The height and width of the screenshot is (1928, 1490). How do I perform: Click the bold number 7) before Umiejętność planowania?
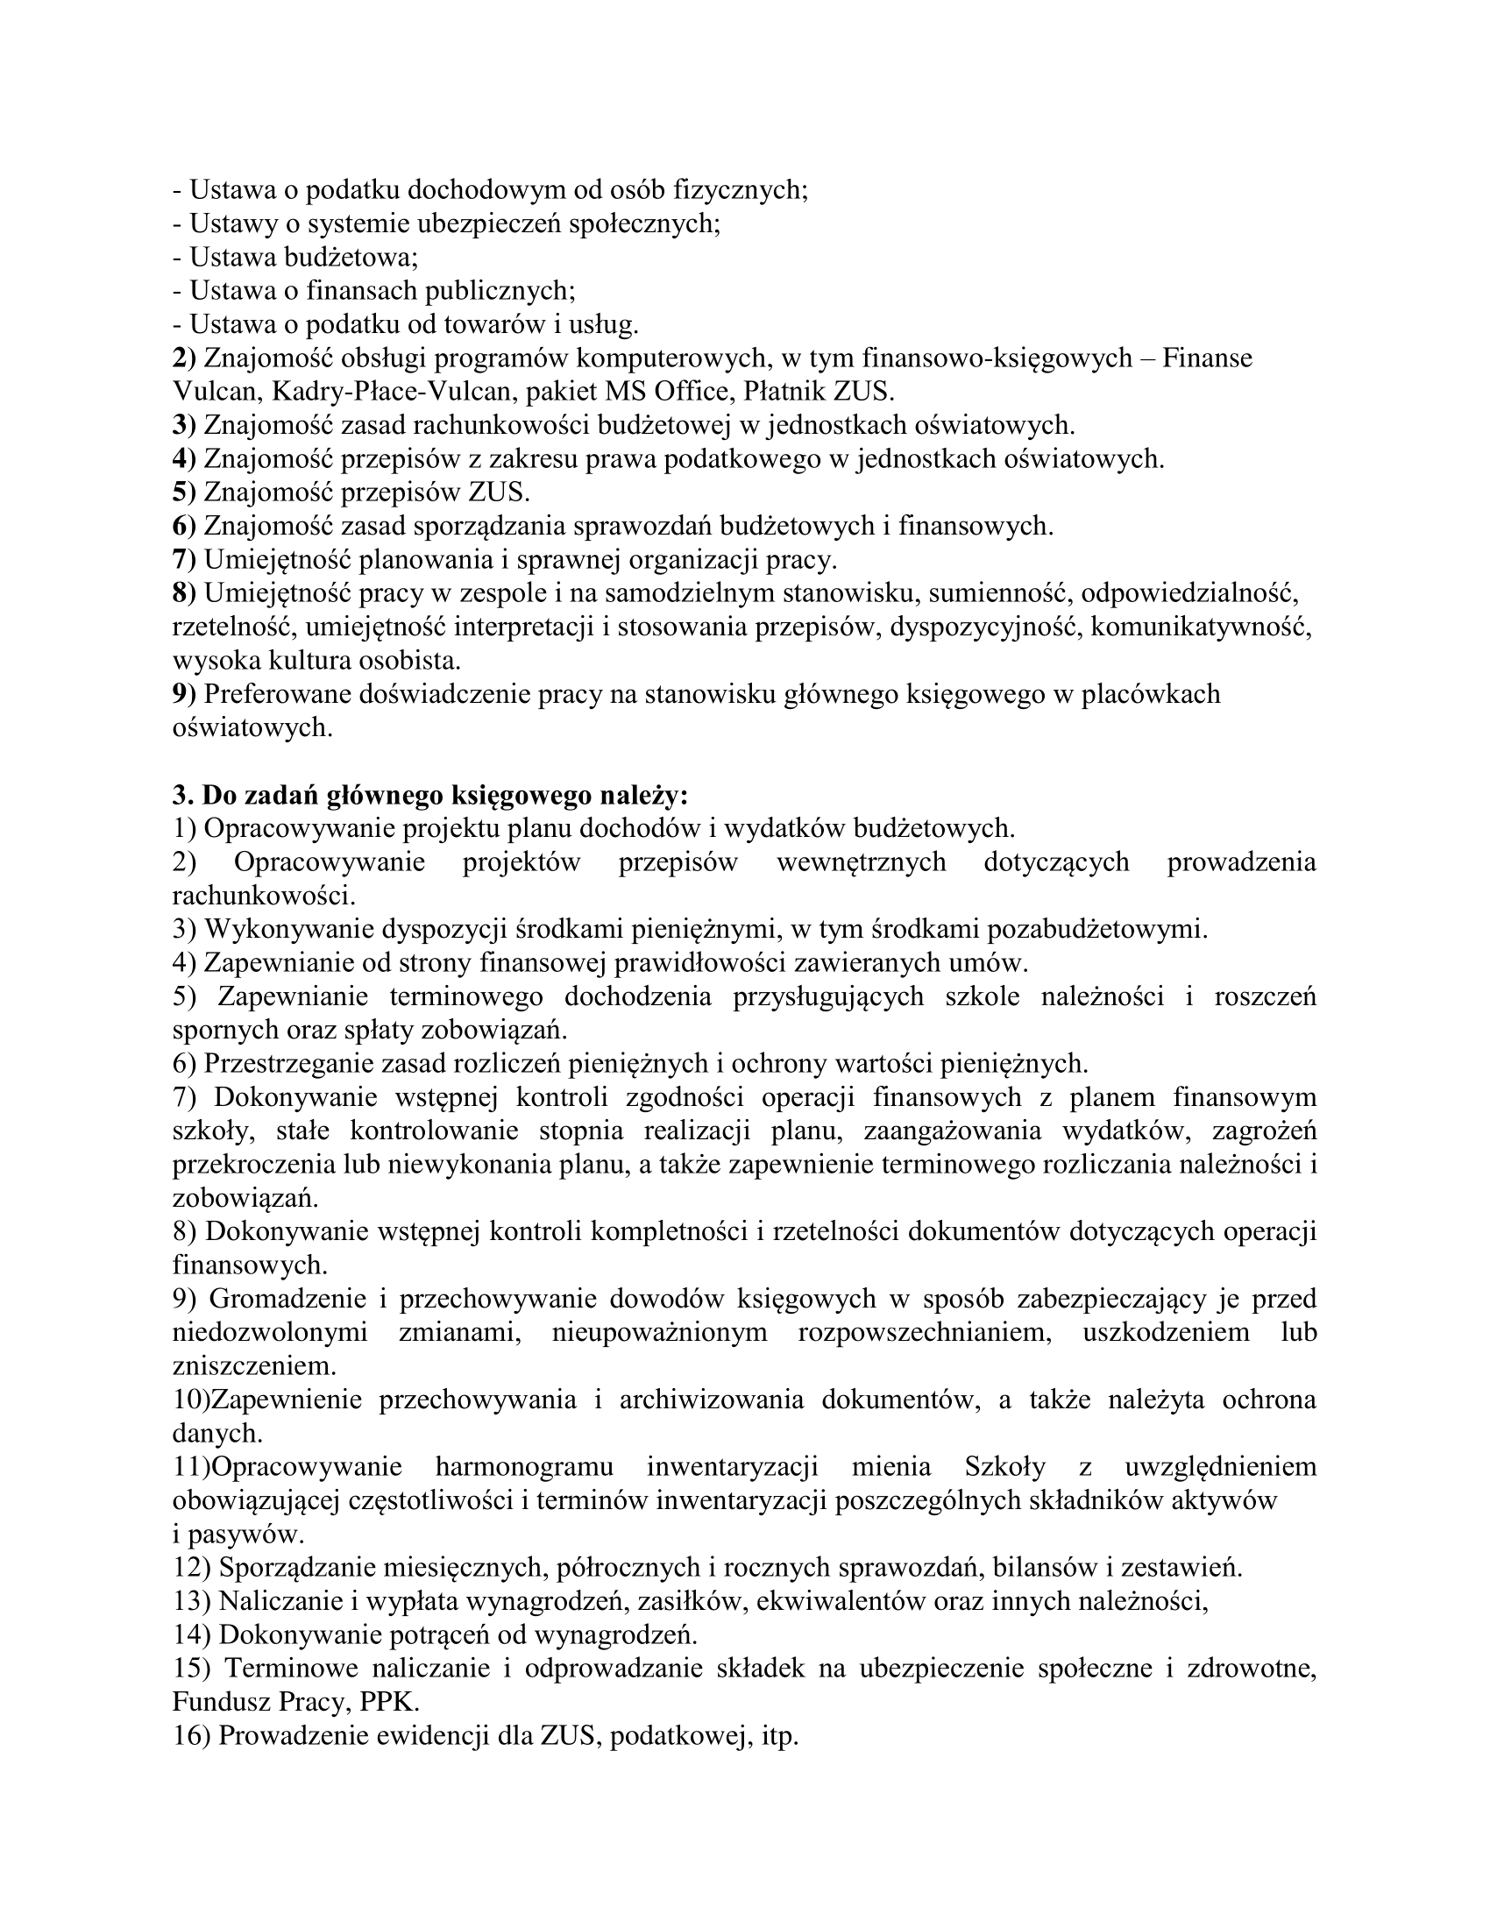coord(183,560)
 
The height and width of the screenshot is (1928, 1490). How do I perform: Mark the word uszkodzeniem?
coord(1166,1332)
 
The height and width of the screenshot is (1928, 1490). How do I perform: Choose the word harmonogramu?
coord(524,1466)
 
